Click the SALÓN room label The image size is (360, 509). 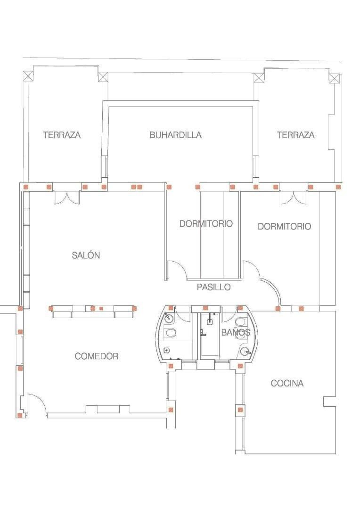[x=86, y=255]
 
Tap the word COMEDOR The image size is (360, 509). [x=97, y=356]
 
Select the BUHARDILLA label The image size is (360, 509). [x=175, y=135]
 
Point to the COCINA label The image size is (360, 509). [x=287, y=383]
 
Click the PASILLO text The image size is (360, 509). [x=213, y=287]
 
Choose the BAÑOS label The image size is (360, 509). [x=236, y=332]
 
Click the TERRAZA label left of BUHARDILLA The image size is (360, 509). [x=62, y=135]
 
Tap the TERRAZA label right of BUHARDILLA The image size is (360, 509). [x=296, y=135]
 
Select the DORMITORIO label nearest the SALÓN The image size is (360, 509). [x=206, y=224]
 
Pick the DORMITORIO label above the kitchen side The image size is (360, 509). [x=284, y=226]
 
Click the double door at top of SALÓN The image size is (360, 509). [x=67, y=197]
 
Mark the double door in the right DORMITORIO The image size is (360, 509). [x=294, y=197]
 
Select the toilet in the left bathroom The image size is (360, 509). [x=171, y=332]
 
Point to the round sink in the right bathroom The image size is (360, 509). [x=246, y=351]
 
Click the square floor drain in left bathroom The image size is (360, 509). [x=166, y=350]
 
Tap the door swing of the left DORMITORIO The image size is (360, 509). [x=177, y=270]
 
